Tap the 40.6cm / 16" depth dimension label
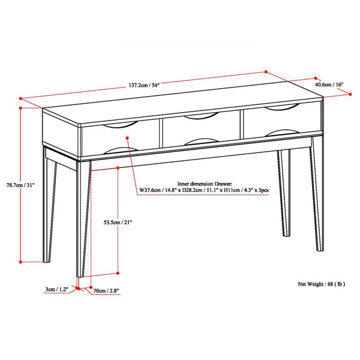330,85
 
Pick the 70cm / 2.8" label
107,291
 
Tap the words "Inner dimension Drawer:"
206,184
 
